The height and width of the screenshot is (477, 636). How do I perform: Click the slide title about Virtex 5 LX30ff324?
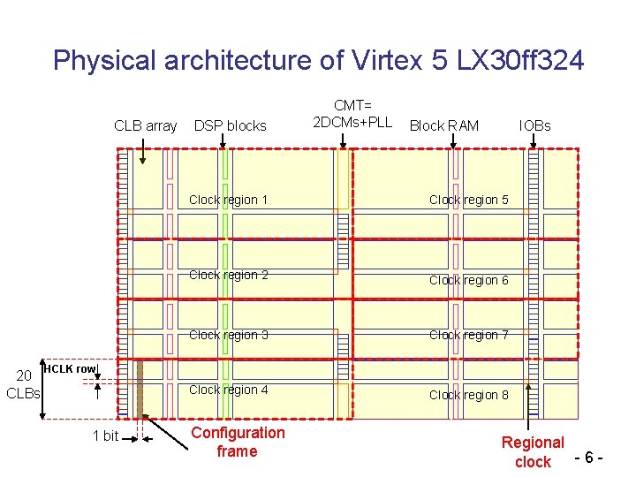tap(318, 60)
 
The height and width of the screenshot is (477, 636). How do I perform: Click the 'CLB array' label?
tap(145, 125)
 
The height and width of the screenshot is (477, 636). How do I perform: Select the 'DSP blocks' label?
tap(230, 125)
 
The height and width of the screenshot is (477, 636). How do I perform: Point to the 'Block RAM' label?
tap(444, 125)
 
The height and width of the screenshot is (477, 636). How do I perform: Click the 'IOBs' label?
tap(534, 125)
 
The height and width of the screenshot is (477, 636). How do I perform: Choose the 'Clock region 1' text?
tap(229, 200)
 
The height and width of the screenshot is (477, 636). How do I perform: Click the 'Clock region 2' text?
tap(229, 275)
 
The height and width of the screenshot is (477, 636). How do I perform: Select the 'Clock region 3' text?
tap(229, 335)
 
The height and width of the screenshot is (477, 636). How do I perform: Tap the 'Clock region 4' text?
tap(229, 390)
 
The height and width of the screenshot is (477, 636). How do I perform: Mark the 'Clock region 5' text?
tap(469, 200)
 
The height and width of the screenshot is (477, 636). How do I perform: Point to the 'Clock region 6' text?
tap(469, 280)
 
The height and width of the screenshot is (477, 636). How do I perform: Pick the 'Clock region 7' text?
tap(469, 335)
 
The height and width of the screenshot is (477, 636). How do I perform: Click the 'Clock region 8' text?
tap(469, 395)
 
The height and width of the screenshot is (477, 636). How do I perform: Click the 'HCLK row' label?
tap(70, 368)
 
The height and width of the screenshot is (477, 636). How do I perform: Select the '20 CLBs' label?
tap(24, 384)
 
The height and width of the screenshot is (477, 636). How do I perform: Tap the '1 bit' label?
tap(105, 435)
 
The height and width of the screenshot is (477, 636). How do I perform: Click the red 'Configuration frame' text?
tap(238, 442)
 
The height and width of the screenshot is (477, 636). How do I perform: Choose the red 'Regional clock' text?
tap(533, 451)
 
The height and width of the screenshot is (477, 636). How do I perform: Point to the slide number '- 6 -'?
tap(590, 458)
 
